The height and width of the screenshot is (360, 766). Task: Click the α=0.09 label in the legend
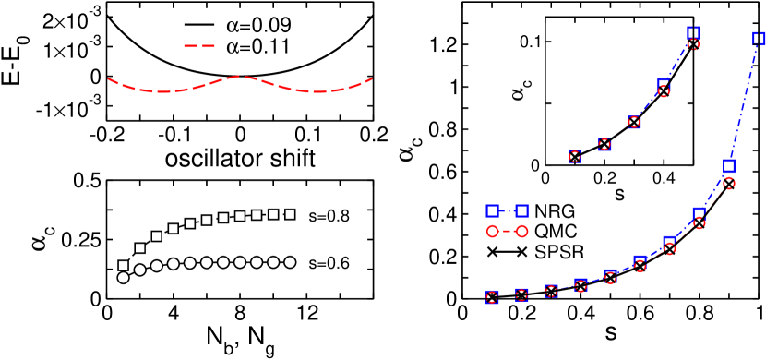[x=259, y=25]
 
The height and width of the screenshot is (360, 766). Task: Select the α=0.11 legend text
[x=259, y=44]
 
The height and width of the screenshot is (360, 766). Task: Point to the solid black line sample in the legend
[x=198, y=25]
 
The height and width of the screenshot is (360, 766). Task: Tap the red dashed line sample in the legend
[x=198, y=44]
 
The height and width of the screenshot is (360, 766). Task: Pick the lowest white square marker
[x=124, y=266]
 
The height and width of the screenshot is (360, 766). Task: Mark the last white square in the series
[x=290, y=214]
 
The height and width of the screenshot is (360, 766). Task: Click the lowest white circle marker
[x=124, y=277]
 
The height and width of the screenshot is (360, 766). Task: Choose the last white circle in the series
[x=290, y=262]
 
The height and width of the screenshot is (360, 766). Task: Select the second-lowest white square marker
[x=140, y=248]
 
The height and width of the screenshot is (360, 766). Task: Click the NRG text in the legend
[x=554, y=211]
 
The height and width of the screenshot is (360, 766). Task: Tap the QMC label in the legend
[x=555, y=231]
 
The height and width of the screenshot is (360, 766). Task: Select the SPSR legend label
[x=559, y=251]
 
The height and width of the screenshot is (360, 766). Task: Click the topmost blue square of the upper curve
[x=693, y=32]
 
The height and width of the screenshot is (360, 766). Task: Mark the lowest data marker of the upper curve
[x=575, y=156]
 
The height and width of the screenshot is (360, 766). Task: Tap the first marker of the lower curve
[x=493, y=296]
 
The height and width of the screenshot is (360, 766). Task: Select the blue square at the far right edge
[x=758, y=38]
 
